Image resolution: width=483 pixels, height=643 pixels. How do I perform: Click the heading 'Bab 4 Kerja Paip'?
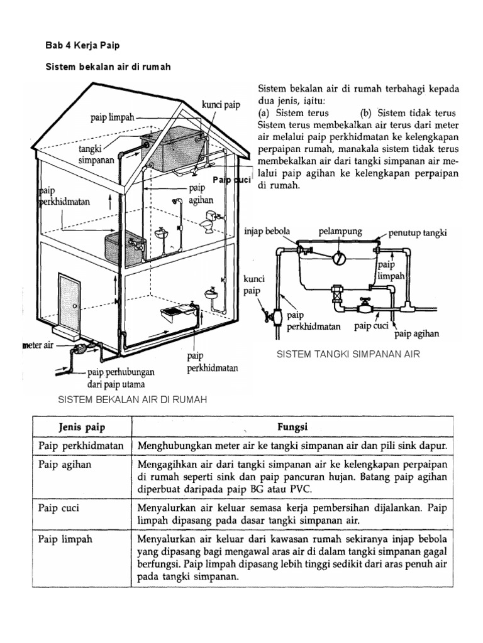[82, 45]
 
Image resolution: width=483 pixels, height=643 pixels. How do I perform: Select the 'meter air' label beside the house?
[38, 345]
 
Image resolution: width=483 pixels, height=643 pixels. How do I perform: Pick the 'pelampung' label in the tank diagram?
[341, 232]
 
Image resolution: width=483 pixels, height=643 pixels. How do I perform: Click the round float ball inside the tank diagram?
[340, 257]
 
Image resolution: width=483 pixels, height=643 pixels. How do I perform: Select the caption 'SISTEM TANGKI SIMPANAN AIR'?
[348, 355]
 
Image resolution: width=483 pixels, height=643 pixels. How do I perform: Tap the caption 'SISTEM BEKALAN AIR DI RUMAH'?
[132, 399]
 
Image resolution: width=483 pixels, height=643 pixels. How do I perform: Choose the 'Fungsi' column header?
[292, 427]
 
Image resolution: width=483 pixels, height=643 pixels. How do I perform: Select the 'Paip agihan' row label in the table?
[65, 465]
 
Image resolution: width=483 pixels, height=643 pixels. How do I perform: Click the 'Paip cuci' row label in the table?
[60, 504]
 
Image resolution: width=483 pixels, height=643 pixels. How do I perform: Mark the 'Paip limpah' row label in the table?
[64, 539]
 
